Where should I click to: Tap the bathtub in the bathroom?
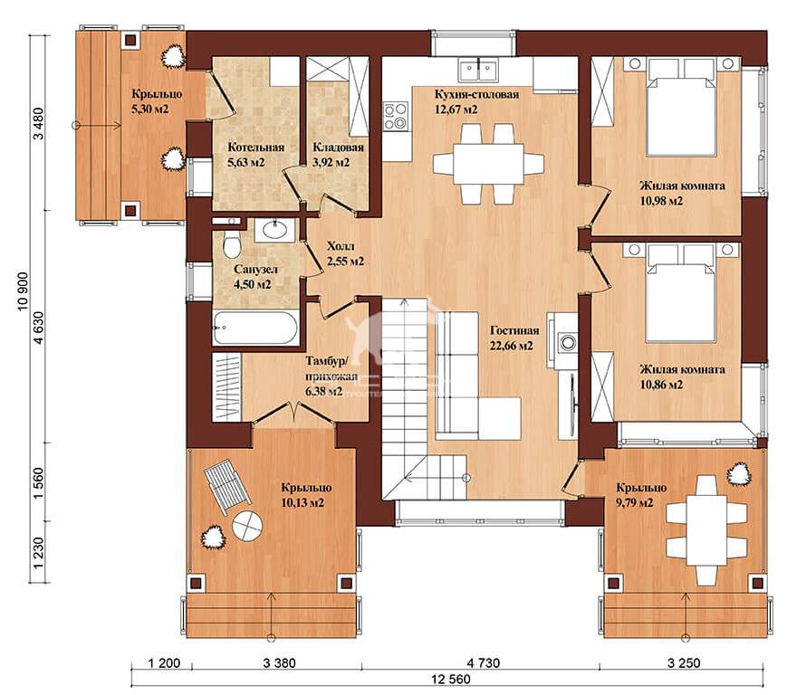click(x=255, y=328)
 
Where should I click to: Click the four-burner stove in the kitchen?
click(x=396, y=117)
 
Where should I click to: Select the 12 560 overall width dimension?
click(x=451, y=679)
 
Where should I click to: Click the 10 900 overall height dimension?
click(x=24, y=291)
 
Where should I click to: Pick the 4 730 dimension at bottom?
click(x=483, y=663)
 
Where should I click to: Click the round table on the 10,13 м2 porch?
click(x=247, y=526)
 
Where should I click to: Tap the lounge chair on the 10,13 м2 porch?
click(x=228, y=486)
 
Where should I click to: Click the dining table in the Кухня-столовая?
click(x=488, y=164)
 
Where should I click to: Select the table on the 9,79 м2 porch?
click(x=706, y=529)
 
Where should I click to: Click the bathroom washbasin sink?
click(x=274, y=230)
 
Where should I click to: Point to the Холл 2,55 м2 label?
click(x=344, y=253)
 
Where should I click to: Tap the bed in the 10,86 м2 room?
click(x=681, y=293)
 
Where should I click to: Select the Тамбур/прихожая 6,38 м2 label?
click(x=331, y=376)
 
